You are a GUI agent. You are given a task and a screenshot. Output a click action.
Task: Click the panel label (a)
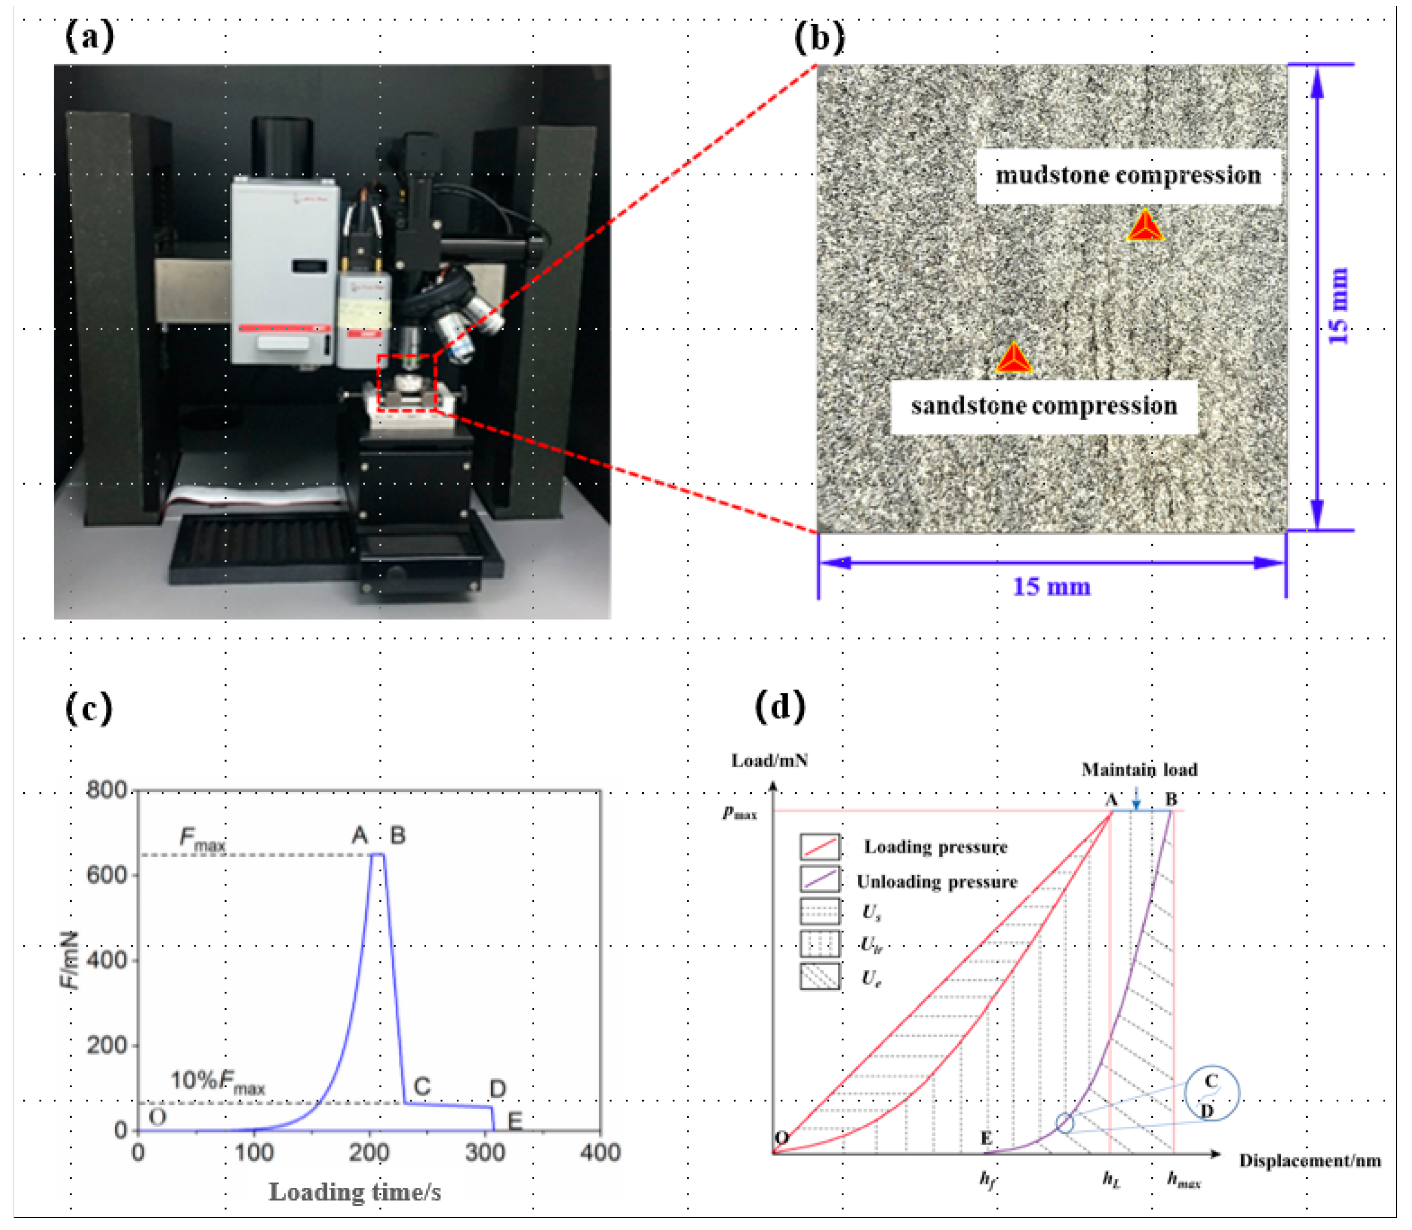click(x=89, y=36)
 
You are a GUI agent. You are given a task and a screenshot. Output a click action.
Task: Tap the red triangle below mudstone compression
click(x=1145, y=227)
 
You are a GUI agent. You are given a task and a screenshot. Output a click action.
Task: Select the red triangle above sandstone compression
click(x=1013, y=359)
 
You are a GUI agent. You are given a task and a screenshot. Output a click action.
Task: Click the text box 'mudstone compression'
click(x=1128, y=176)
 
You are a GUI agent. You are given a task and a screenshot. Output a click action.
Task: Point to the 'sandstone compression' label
click(x=1043, y=406)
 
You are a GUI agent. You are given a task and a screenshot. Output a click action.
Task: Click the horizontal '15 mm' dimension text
click(x=1051, y=587)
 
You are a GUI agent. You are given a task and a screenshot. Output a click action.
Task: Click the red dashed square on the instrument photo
click(x=406, y=383)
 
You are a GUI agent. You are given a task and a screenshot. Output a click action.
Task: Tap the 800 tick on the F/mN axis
click(x=106, y=790)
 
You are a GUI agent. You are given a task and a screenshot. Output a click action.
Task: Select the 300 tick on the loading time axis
click(x=485, y=1153)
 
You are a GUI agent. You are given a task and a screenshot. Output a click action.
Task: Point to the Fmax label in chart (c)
click(x=202, y=839)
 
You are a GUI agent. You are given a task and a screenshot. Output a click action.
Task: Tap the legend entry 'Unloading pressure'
click(x=936, y=882)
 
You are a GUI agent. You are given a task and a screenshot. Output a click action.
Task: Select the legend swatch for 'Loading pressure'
click(x=820, y=847)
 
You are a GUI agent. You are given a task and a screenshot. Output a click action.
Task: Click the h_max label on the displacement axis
click(x=1183, y=1180)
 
